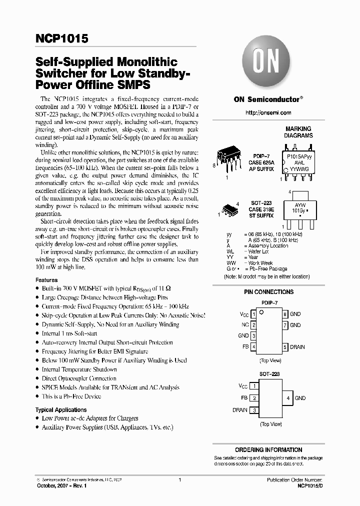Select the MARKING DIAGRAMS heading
point(298,132)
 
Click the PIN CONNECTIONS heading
point(268,292)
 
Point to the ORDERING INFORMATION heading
point(268,449)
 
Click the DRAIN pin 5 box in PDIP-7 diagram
point(285,347)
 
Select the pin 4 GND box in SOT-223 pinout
point(287,398)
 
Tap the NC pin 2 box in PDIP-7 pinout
point(253,325)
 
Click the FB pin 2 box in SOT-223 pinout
point(254,398)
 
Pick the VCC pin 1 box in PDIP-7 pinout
point(253,314)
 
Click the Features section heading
point(46,280)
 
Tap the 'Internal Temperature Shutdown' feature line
point(79,369)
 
